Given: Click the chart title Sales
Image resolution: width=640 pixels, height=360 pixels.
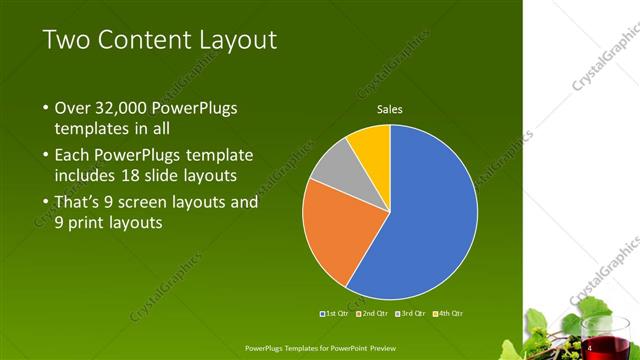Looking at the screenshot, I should coord(389,109).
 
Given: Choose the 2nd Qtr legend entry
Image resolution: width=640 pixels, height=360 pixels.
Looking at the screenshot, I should coord(373,314).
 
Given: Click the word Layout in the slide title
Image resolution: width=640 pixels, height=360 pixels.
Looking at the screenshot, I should coord(237,40).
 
